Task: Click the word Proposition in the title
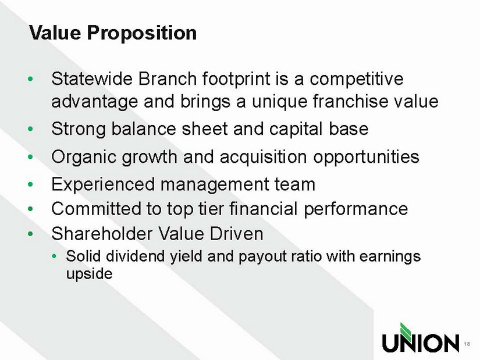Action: [x=142, y=33]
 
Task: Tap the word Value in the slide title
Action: [x=55, y=32]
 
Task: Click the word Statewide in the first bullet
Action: [x=92, y=79]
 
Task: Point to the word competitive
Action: [x=357, y=80]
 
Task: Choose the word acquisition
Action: [x=263, y=158]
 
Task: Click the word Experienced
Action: [x=103, y=185]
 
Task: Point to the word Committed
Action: [x=96, y=209]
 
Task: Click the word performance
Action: [x=355, y=210]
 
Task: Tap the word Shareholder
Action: [x=102, y=234]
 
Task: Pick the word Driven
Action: [x=236, y=234]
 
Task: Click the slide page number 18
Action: [x=467, y=344]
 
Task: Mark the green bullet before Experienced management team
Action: [x=30, y=184]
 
